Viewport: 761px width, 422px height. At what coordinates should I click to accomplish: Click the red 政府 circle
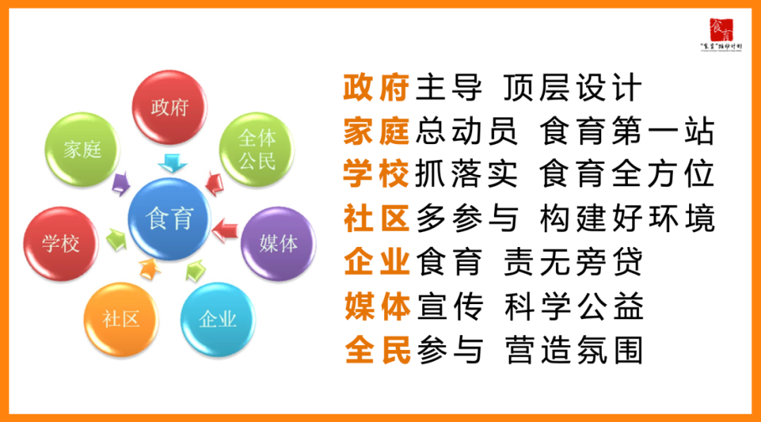point(170,107)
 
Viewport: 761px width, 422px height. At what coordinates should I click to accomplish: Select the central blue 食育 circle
point(169,219)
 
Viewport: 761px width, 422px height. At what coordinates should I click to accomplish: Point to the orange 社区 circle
point(121,319)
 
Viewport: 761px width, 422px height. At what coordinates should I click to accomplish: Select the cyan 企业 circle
point(218,319)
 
